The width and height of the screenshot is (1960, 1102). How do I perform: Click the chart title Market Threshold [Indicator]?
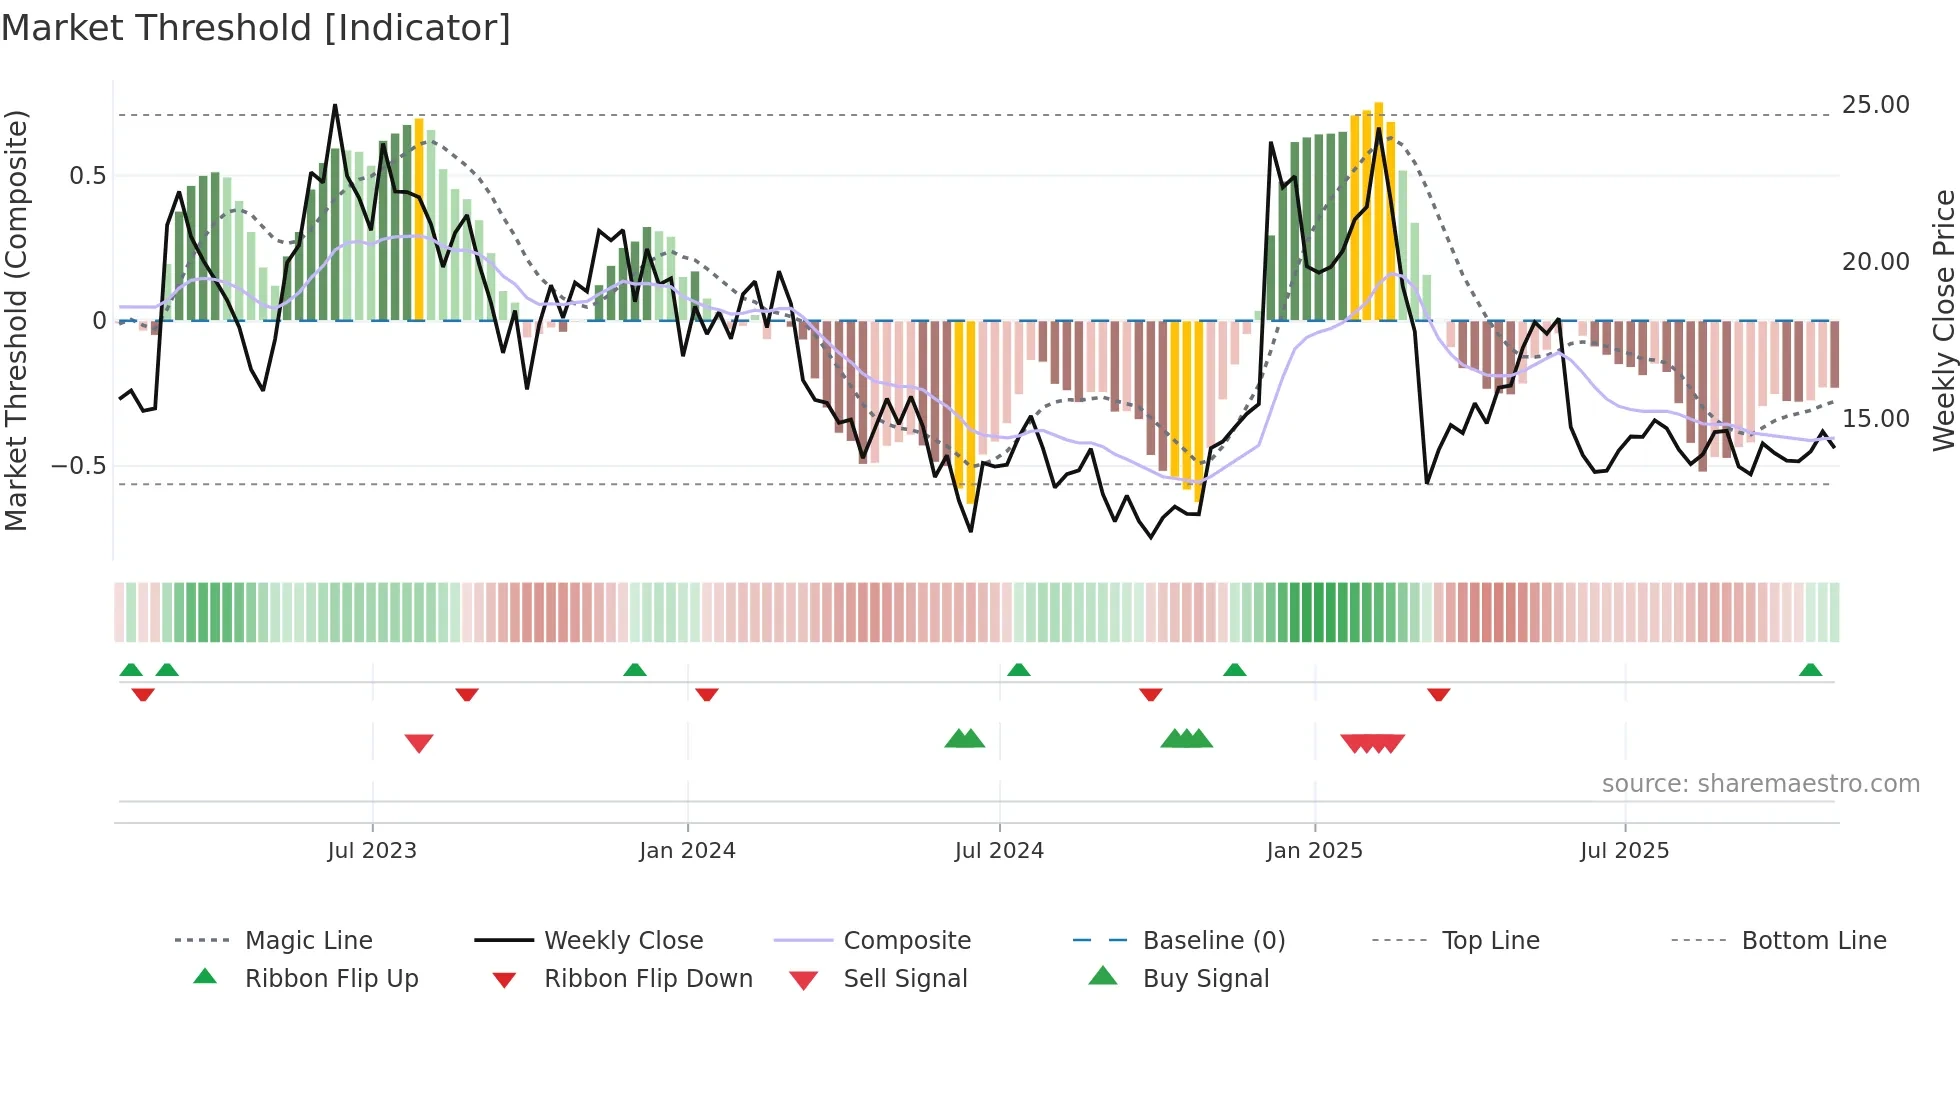256,28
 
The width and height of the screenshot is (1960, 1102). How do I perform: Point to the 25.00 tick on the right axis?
1875,105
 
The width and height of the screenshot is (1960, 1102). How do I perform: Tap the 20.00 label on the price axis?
1875,262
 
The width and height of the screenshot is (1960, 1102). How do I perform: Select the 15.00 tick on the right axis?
1875,419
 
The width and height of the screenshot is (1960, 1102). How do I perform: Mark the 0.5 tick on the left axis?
87,176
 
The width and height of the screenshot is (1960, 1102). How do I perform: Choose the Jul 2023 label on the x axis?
372,851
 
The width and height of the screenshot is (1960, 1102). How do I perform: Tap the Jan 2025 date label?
1314,851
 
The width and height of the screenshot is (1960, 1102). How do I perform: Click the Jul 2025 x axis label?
1624,851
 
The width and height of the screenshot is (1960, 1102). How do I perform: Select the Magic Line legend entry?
308,941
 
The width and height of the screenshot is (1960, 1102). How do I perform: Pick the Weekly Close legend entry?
623,941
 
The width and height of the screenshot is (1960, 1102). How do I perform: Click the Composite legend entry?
906,941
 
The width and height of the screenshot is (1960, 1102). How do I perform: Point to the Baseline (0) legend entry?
1213,941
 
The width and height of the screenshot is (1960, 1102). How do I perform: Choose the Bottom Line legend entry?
1813,941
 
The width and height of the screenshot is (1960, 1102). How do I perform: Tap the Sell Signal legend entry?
904,979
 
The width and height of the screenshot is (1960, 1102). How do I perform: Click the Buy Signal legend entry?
1205,979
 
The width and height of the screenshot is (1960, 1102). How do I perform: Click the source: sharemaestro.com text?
1760,784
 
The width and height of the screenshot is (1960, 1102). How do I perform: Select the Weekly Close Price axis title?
1943,320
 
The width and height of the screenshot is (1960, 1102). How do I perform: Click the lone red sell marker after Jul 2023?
419,743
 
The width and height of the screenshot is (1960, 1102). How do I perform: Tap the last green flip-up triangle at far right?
1810,670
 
